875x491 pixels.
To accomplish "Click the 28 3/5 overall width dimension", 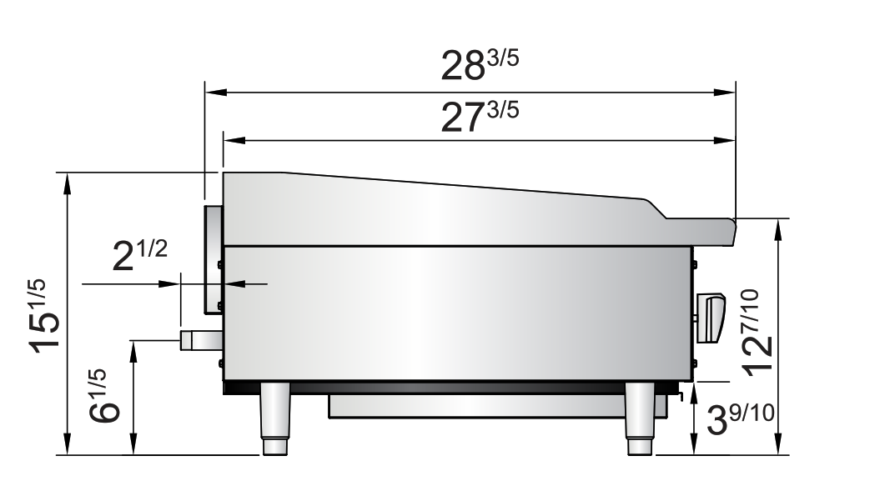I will (479, 66).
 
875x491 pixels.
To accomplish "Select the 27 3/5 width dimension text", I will (479, 117).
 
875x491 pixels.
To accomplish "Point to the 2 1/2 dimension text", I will (141, 257).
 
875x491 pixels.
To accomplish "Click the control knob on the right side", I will (711, 318).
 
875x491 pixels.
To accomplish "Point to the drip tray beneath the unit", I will (496, 406).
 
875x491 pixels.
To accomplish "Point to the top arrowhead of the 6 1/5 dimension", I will (133, 347).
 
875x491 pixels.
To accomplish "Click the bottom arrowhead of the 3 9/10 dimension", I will (694, 449).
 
